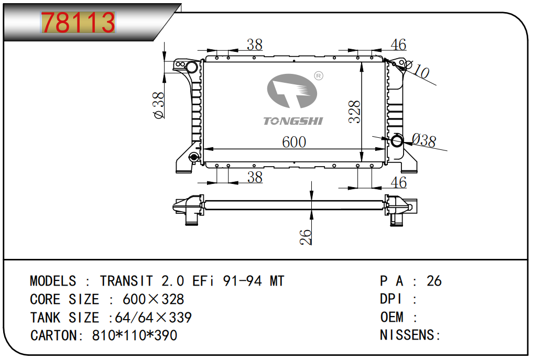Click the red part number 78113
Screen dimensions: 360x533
tap(78, 23)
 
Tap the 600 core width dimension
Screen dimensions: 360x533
tap(294, 142)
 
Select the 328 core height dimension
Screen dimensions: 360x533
tap(355, 112)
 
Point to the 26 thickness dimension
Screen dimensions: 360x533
tap(306, 237)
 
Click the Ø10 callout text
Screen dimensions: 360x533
tap(417, 69)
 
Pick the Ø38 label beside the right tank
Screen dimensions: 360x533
tap(423, 140)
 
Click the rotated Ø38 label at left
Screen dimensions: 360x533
tap(159, 105)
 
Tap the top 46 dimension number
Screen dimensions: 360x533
tap(398, 45)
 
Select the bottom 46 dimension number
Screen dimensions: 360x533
tap(399, 182)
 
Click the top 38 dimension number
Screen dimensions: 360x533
tap(254, 45)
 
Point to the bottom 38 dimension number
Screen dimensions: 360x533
tap(254, 178)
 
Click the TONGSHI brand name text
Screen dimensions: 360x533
tap(293, 121)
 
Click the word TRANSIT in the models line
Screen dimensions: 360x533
tap(126, 281)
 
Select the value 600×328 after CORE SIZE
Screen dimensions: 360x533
tap(153, 300)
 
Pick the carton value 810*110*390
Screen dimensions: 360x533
tap(135, 335)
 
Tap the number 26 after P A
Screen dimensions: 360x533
tap(434, 281)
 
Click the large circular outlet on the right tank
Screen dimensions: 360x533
tap(397, 140)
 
